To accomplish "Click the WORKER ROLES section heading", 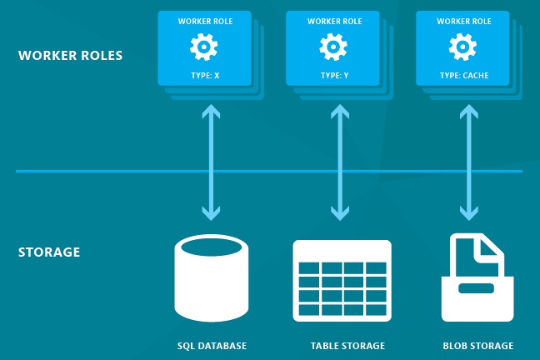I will (70, 57).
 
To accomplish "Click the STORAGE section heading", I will (49, 251).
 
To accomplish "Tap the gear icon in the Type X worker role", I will (204, 47).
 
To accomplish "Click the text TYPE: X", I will (204, 75).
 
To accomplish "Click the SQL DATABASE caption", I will (212, 345).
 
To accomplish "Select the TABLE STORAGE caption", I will (342, 345).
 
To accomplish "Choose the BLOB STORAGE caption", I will (477, 345).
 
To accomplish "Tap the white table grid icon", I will (342, 280).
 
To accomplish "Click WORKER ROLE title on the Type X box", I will (204, 20).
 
